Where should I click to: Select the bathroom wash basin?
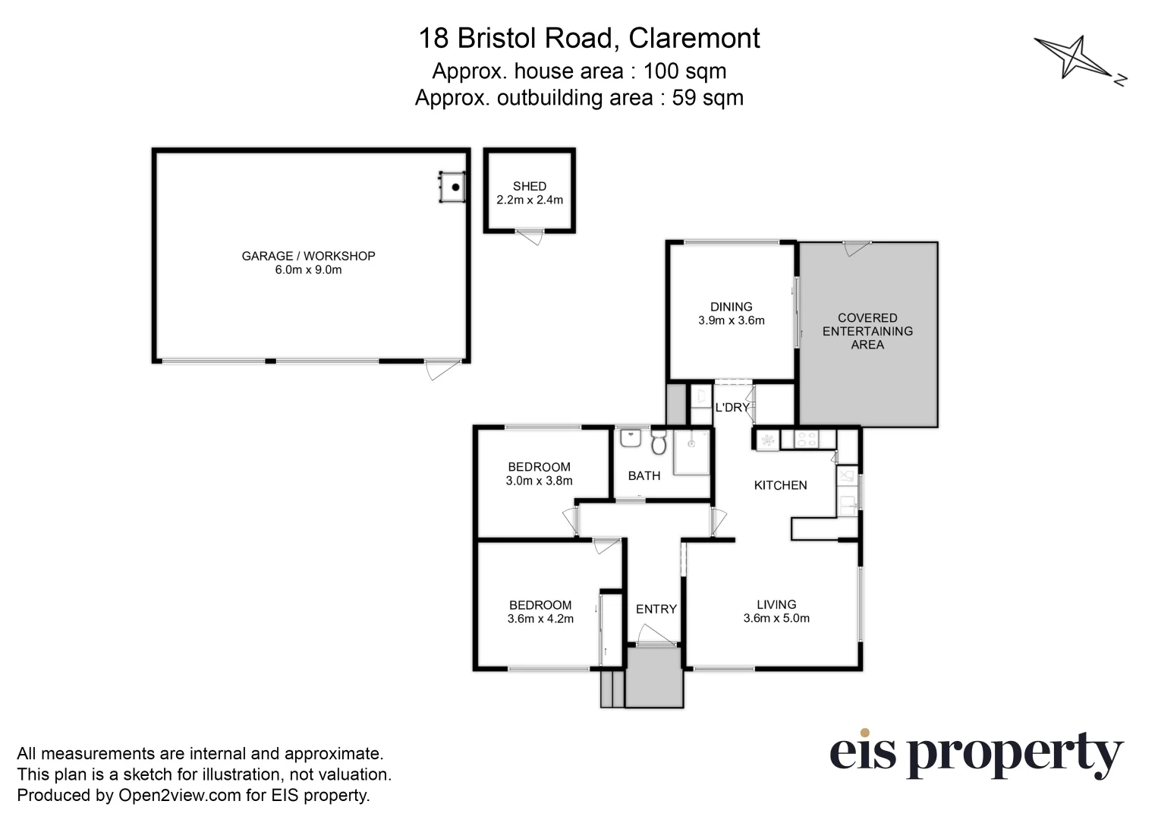point(630,439)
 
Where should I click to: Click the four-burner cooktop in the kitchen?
point(804,439)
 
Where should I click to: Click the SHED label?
point(529,186)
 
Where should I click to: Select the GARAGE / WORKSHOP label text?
point(308,256)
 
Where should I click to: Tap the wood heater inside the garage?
point(453,187)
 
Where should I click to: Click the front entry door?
point(655,636)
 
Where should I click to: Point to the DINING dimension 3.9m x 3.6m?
point(731,320)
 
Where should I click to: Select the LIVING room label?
point(776,604)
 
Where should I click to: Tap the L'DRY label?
point(732,408)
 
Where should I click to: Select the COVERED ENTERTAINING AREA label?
point(867,331)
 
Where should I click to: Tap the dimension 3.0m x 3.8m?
point(539,481)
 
